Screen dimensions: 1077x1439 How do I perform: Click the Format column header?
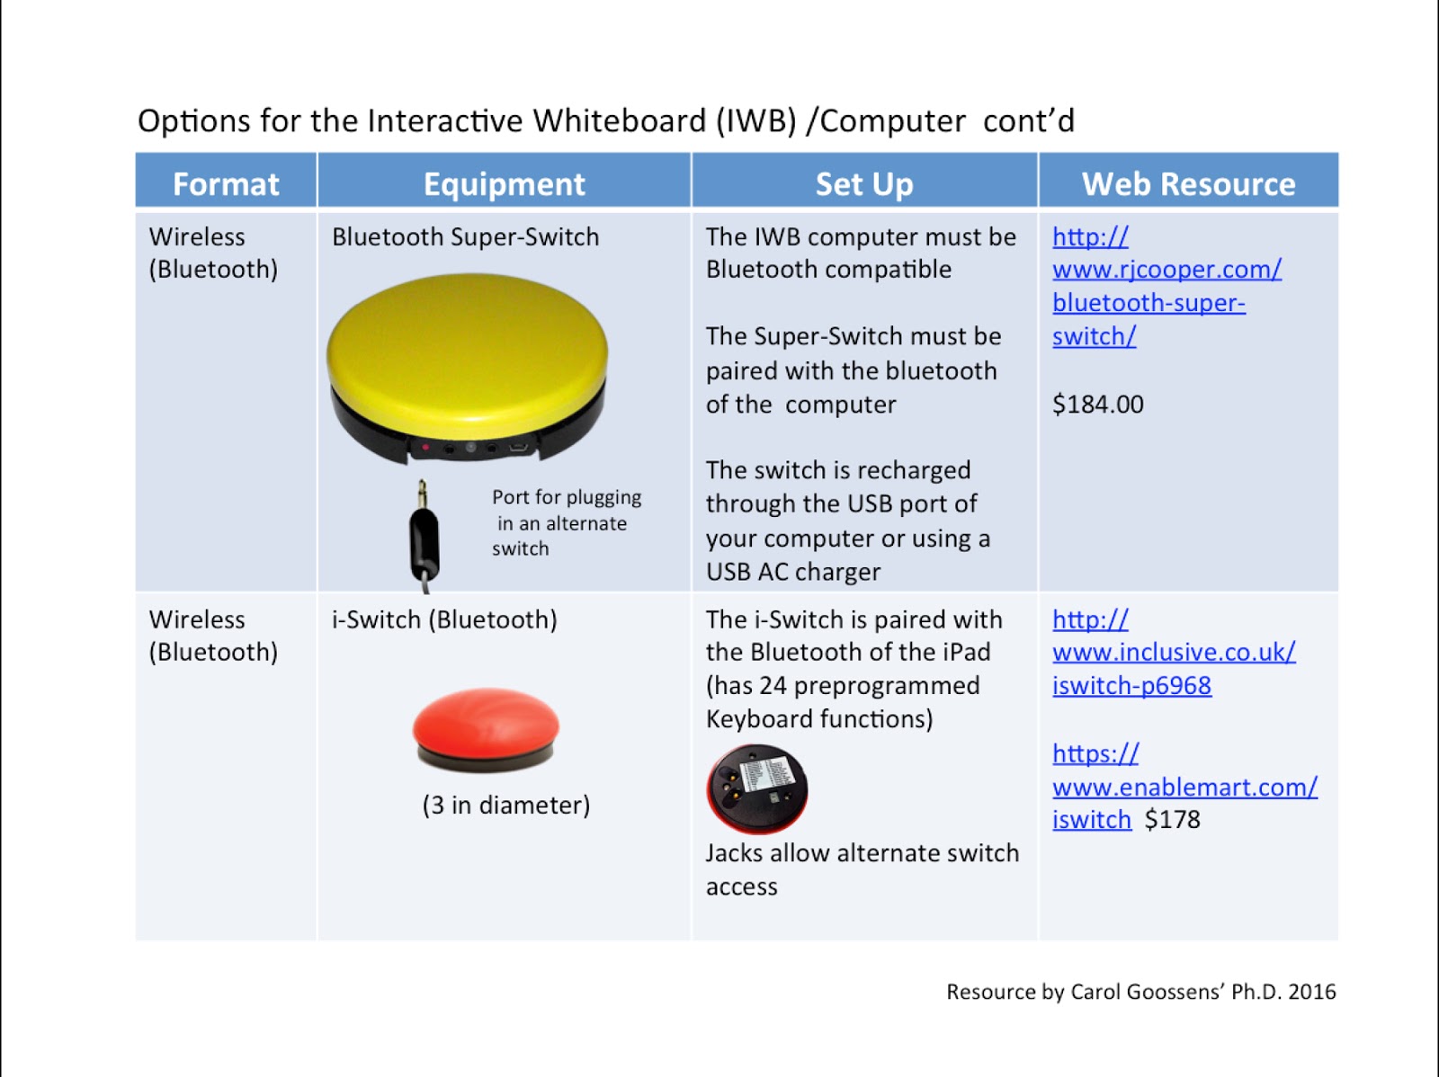click(226, 183)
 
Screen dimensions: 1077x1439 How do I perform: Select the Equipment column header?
click(504, 183)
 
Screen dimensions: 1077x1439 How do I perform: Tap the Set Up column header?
click(863, 183)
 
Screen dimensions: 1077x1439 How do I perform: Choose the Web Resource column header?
click(1188, 183)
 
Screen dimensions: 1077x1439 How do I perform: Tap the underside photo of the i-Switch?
click(757, 788)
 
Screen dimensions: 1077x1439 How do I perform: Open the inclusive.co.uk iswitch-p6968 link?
click(1173, 653)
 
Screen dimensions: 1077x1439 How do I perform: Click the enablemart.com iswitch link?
click(1184, 788)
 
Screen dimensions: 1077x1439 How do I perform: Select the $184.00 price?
click(1098, 405)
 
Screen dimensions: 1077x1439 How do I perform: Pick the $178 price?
click(1172, 820)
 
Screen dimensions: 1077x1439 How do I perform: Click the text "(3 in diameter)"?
click(505, 805)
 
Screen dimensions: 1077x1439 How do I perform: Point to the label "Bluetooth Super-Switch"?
click(465, 236)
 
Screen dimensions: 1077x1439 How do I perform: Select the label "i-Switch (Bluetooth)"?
click(444, 619)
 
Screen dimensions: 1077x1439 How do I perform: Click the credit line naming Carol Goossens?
click(1140, 992)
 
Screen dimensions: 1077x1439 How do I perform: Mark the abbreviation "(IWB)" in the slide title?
click(755, 120)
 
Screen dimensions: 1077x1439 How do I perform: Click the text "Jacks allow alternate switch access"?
click(862, 868)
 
